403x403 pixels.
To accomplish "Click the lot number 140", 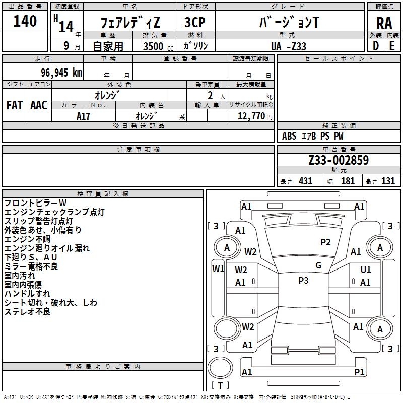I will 25,21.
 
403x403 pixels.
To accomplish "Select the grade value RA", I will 384,23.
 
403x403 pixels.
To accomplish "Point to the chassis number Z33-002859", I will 339,160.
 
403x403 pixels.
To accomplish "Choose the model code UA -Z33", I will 288,46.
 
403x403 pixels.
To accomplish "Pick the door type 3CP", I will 194,22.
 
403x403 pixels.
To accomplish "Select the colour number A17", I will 84,116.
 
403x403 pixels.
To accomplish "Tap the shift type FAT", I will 15,105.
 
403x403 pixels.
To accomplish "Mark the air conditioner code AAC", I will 39,105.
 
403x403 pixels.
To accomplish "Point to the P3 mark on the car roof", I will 303,281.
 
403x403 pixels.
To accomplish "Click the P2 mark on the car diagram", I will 326,242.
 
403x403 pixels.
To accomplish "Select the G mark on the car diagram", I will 318,265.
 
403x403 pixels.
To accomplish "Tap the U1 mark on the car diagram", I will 366,270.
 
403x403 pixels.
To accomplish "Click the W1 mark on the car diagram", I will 218,268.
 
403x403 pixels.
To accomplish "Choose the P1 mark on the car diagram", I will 359,372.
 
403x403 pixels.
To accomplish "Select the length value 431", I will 305,181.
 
